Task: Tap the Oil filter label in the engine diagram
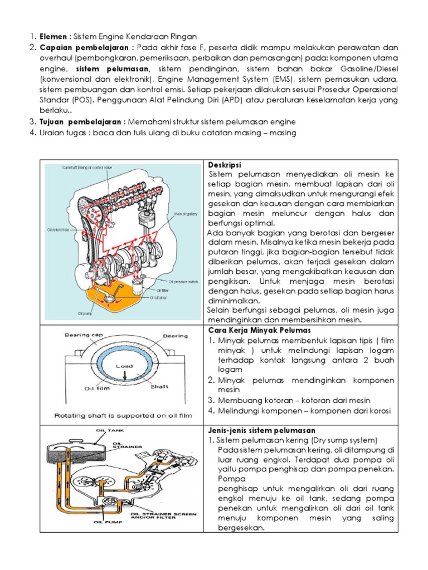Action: pos(163,290)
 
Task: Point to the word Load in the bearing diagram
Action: pos(124,366)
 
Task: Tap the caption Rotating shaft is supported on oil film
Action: pos(122,415)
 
